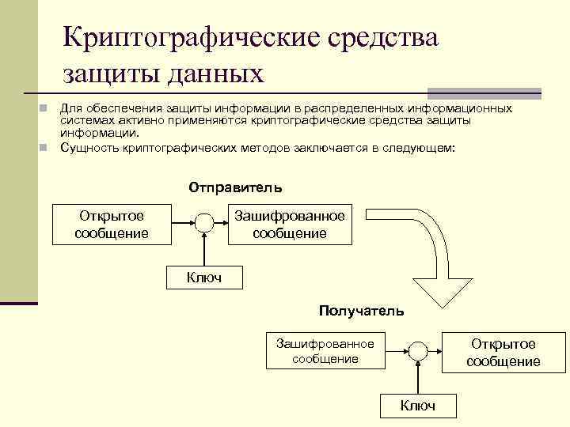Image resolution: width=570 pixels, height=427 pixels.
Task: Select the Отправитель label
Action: pos(235,188)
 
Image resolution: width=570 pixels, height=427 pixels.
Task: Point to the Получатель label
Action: pos(362,311)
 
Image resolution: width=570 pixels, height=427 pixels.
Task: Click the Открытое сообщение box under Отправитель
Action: pos(111,225)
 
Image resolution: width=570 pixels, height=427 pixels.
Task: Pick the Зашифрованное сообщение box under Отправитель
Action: pos(289,225)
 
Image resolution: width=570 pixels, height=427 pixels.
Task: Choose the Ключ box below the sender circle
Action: pos(204,277)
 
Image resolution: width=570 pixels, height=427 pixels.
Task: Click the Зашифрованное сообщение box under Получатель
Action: pos(325,351)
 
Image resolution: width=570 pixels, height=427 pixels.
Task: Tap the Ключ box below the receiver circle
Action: pos(418,406)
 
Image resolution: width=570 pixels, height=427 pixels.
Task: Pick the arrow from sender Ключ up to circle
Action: pos(204,249)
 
